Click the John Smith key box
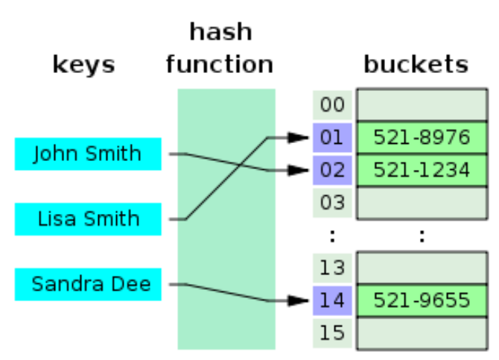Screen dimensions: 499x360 (x=88, y=154)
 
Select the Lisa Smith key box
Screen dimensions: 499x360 (x=88, y=219)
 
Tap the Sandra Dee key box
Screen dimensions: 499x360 (x=88, y=284)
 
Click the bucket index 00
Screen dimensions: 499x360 (x=332, y=105)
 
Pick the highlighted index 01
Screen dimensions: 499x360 (x=332, y=138)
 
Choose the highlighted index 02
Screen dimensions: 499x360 (x=332, y=170)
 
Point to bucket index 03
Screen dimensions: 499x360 (x=332, y=203)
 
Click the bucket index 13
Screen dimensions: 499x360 (x=332, y=268)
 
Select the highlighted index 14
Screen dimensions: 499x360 (x=332, y=300)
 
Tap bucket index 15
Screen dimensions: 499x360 (x=332, y=333)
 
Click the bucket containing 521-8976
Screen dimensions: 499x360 (x=422, y=138)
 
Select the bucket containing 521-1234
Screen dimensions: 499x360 (x=422, y=170)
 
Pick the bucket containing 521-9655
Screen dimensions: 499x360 (x=422, y=300)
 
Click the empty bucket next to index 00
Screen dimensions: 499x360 (x=422, y=105)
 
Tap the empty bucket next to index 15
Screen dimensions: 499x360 (x=422, y=333)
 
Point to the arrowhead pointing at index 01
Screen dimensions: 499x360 (x=298, y=138)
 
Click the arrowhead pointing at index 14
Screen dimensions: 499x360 (x=298, y=300)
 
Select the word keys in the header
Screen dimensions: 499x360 (x=83, y=65)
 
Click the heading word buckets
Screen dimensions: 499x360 (x=416, y=64)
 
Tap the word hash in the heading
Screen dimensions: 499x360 (x=221, y=31)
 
